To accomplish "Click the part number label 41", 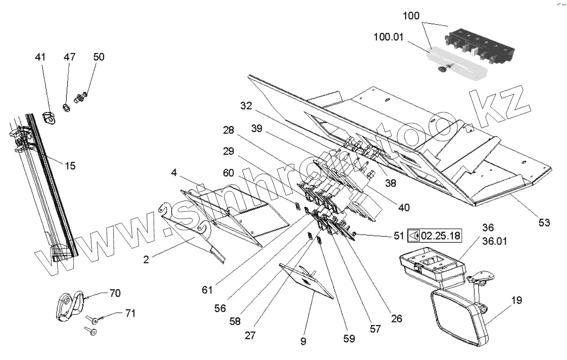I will (x=40, y=57).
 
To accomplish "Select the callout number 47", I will (x=69, y=57).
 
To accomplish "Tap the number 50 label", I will (x=99, y=57).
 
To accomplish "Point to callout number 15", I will (x=69, y=166).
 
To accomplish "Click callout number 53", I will (x=544, y=222).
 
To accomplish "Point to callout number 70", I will (x=115, y=293).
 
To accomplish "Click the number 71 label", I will (x=129, y=313).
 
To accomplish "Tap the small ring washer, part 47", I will (x=66, y=107).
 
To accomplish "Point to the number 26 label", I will (x=396, y=318).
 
